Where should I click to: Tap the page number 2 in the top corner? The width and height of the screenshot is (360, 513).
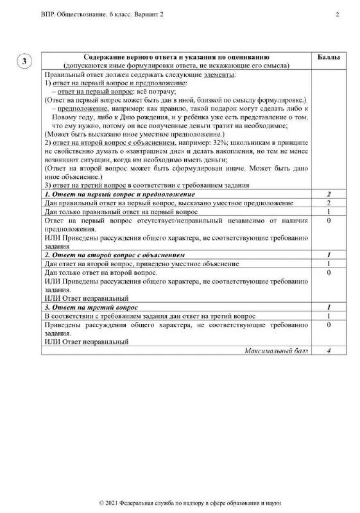(337, 14)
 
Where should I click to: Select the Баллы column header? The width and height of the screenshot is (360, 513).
(329, 58)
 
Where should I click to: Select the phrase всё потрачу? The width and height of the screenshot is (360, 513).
(150, 92)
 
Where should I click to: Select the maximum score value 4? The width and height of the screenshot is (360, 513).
(329, 351)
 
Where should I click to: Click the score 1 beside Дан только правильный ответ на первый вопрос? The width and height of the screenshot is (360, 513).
(329, 212)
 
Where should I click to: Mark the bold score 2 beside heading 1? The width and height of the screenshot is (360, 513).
(329, 194)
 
